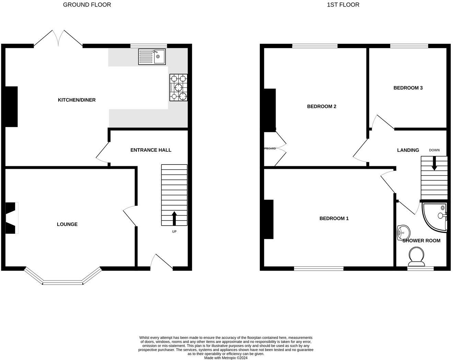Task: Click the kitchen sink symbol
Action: pos(152,57)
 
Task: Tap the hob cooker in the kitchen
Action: pos(178,88)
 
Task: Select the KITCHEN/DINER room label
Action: pos(77,100)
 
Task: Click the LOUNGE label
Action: pos(67,224)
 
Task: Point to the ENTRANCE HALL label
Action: pos(151,150)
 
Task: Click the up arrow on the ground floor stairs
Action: pos(174,218)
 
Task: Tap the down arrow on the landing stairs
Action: pos(434,163)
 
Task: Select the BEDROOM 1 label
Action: pos(334,218)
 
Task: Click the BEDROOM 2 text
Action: pos(322,106)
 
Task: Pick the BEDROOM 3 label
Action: pos(408,88)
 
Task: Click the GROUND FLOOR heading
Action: pos(87,5)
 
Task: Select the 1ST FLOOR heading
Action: pos(343,5)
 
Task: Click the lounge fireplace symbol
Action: pos(11,218)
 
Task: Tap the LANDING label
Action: pos(408,150)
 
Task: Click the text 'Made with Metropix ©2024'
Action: pos(225,358)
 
